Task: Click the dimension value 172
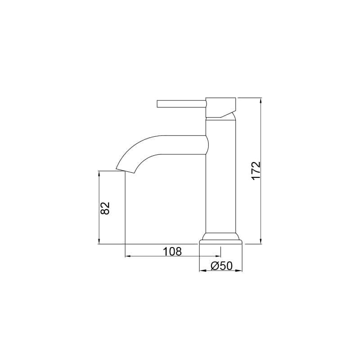[x=256, y=171]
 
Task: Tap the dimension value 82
[x=104, y=208]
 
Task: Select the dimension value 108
[x=172, y=251]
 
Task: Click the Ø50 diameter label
[x=221, y=266]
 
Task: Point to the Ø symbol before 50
[x=215, y=266]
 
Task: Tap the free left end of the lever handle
[x=158, y=104]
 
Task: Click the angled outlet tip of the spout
[x=126, y=170]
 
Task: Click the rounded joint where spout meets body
[x=207, y=145]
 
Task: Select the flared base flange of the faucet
[x=220, y=238]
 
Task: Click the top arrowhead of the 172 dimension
[x=261, y=100]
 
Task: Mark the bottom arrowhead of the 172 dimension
[x=261, y=242]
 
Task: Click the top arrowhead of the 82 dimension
[x=99, y=173]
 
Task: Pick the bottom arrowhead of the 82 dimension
[x=99, y=242]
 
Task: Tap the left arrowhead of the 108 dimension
[x=127, y=256]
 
